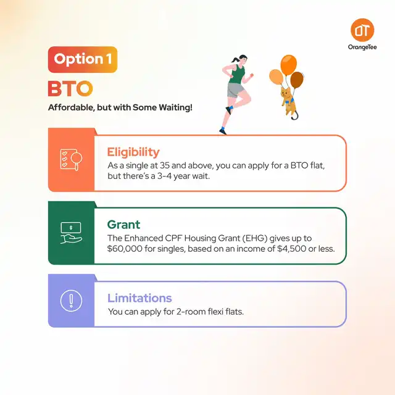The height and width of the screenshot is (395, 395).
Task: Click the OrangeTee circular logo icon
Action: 362,30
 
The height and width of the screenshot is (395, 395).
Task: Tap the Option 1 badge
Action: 83,59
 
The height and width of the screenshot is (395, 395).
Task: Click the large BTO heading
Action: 70,88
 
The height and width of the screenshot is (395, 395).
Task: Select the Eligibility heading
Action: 133,152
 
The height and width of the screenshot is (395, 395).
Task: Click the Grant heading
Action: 123,225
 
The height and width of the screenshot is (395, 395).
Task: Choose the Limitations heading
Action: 139,297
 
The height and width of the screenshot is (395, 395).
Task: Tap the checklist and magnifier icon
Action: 72,159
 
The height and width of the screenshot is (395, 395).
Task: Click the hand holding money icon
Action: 72,233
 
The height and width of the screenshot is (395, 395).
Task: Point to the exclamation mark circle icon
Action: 72,301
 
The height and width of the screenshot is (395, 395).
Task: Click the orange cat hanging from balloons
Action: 289,102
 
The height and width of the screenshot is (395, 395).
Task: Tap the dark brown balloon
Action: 297,80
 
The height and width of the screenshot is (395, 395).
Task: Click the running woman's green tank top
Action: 237,74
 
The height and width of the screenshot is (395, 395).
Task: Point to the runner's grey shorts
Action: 236,90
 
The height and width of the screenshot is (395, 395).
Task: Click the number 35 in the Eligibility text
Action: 165,165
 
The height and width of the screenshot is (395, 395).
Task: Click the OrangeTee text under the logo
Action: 362,47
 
